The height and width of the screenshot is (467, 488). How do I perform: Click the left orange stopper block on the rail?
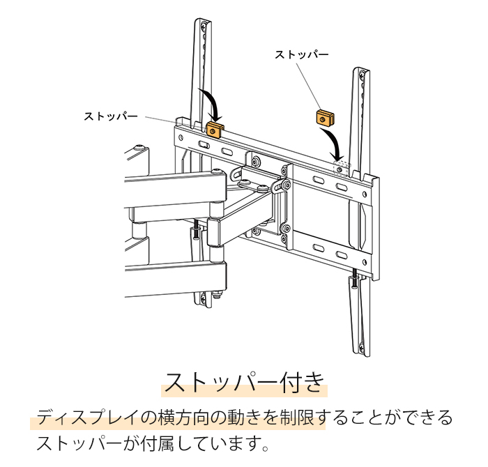(x=214, y=129)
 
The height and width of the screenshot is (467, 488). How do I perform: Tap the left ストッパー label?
(x=111, y=116)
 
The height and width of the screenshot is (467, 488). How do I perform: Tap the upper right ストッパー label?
(x=301, y=54)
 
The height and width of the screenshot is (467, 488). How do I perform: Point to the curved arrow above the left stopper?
(x=211, y=103)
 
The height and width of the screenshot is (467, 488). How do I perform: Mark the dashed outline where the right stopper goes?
(x=340, y=165)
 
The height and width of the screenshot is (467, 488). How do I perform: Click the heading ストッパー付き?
(x=244, y=383)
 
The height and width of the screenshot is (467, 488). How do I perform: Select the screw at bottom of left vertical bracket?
(x=202, y=300)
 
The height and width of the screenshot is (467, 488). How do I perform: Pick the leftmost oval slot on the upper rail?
(x=203, y=144)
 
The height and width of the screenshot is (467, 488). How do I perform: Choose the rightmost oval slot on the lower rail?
(x=341, y=257)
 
